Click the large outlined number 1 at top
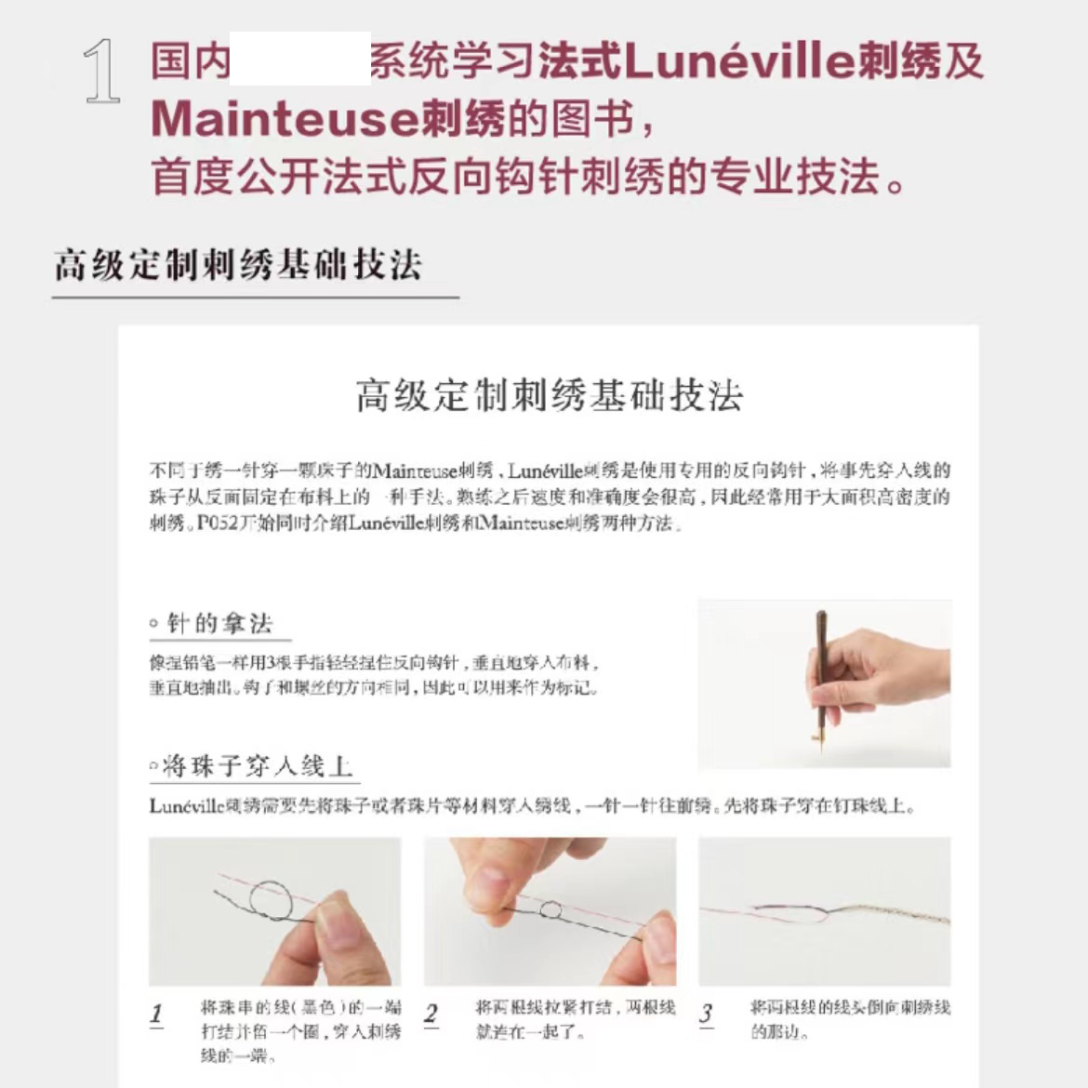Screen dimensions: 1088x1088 click(x=102, y=71)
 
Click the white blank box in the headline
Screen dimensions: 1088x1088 click(x=299, y=59)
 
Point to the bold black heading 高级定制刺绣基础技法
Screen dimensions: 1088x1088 click(x=238, y=265)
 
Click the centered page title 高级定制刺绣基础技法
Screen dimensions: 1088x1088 click(x=549, y=395)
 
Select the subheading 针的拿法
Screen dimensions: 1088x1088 click(x=219, y=623)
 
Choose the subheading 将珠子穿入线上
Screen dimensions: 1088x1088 click(x=257, y=766)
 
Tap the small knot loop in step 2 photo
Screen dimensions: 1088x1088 click(x=551, y=909)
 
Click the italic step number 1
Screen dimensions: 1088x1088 click(x=156, y=1014)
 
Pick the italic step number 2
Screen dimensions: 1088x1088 click(x=431, y=1014)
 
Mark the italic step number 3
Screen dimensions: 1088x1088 click(x=706, y=1014)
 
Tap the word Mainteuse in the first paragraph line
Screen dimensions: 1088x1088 click(x=416, y=471)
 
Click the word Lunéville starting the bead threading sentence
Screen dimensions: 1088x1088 click(x=187, y=806)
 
